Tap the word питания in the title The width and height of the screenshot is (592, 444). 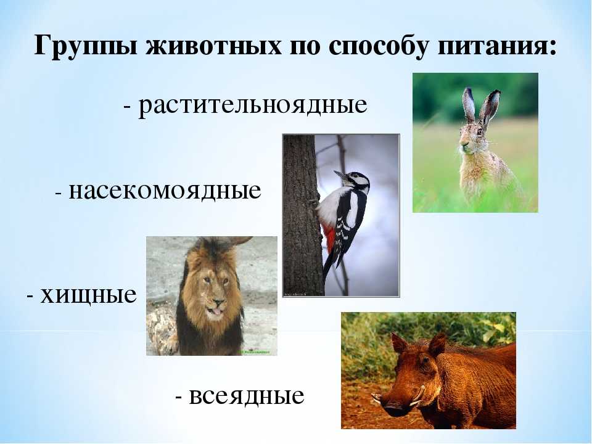tap(494, 46)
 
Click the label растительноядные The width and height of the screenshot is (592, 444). tap(253, 105)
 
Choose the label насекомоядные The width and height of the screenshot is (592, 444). tap(165, 191)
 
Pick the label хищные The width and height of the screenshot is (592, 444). tap(88, 295)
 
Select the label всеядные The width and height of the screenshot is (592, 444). tap(247, 396)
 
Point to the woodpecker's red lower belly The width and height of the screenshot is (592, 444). tap(329, 239)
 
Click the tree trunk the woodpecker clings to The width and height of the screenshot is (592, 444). tap(302, 215)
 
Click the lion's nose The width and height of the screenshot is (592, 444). tap(217, 302)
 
